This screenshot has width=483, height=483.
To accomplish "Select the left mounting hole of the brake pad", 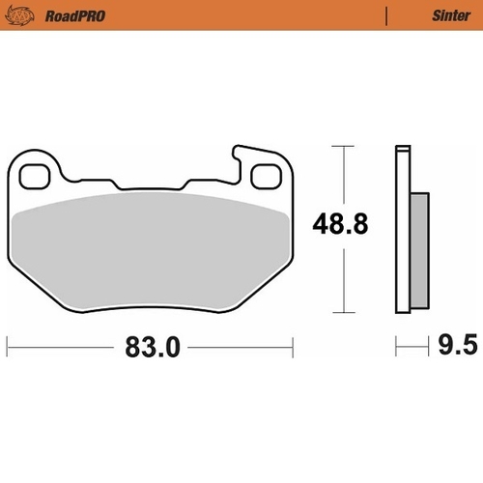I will pos(37,176).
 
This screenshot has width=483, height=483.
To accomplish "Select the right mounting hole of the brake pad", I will pos(265,176).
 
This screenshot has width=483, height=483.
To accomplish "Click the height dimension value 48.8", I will pos(339,225).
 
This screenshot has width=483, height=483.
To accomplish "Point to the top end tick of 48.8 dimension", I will pos(337,146).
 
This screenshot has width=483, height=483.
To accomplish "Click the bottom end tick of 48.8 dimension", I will pos(337,313).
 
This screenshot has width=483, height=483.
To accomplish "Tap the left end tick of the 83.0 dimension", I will pos(9,346).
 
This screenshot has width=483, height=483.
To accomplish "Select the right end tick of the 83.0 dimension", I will pos(292,346).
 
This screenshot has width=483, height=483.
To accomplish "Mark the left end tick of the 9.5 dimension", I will pos(395,346).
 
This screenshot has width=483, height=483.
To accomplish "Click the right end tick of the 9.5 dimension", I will pos(428,346).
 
